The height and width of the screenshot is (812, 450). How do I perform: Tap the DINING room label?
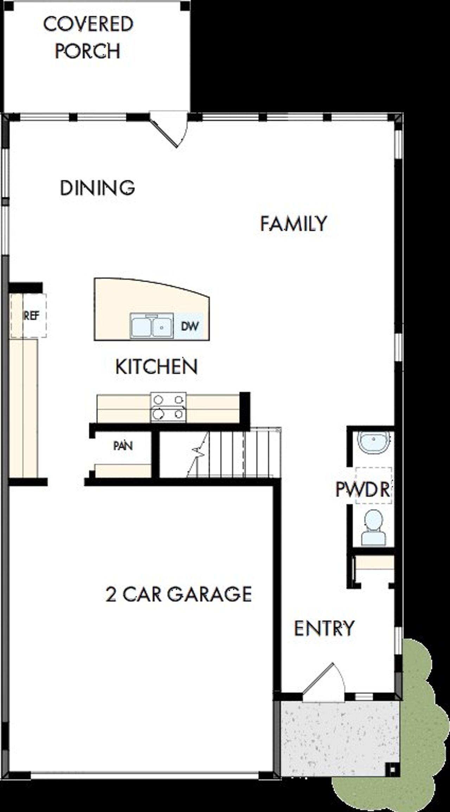point(97,188)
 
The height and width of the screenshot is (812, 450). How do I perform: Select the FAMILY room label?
point(294,224)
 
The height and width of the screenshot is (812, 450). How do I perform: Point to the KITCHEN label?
point(156,367)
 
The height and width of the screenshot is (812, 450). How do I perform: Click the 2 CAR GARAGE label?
point(179,594)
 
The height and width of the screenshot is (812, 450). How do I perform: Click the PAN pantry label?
point(123,446)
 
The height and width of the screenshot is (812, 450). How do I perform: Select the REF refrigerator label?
point(31,316)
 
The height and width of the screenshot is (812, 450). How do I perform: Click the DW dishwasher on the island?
point(190,326)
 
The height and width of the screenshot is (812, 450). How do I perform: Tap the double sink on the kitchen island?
point(152,326)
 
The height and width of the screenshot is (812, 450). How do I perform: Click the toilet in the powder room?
point(373,527)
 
